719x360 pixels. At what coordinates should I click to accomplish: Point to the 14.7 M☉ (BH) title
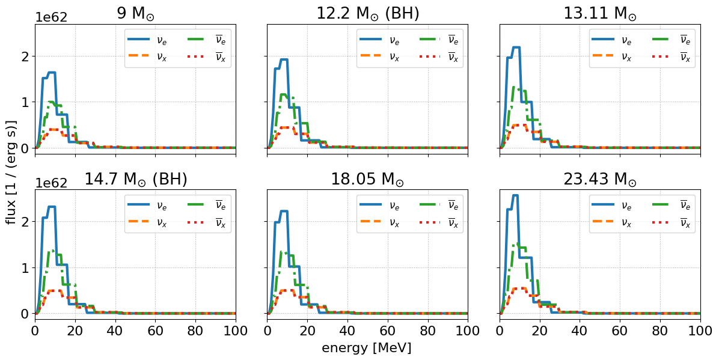(136, 179)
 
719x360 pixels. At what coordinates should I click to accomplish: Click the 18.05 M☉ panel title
(368, 179)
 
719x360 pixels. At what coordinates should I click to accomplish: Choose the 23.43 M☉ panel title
(600, 179)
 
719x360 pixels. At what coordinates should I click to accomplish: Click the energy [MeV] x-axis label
(367, 348)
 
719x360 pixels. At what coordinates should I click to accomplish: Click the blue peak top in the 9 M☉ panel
(52, 73)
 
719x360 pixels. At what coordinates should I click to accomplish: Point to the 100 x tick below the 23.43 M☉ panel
(700, 331)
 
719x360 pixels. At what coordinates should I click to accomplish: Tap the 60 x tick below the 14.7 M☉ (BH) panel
(156, 331)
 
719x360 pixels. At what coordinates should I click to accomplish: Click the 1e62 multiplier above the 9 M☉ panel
(51, 17)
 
